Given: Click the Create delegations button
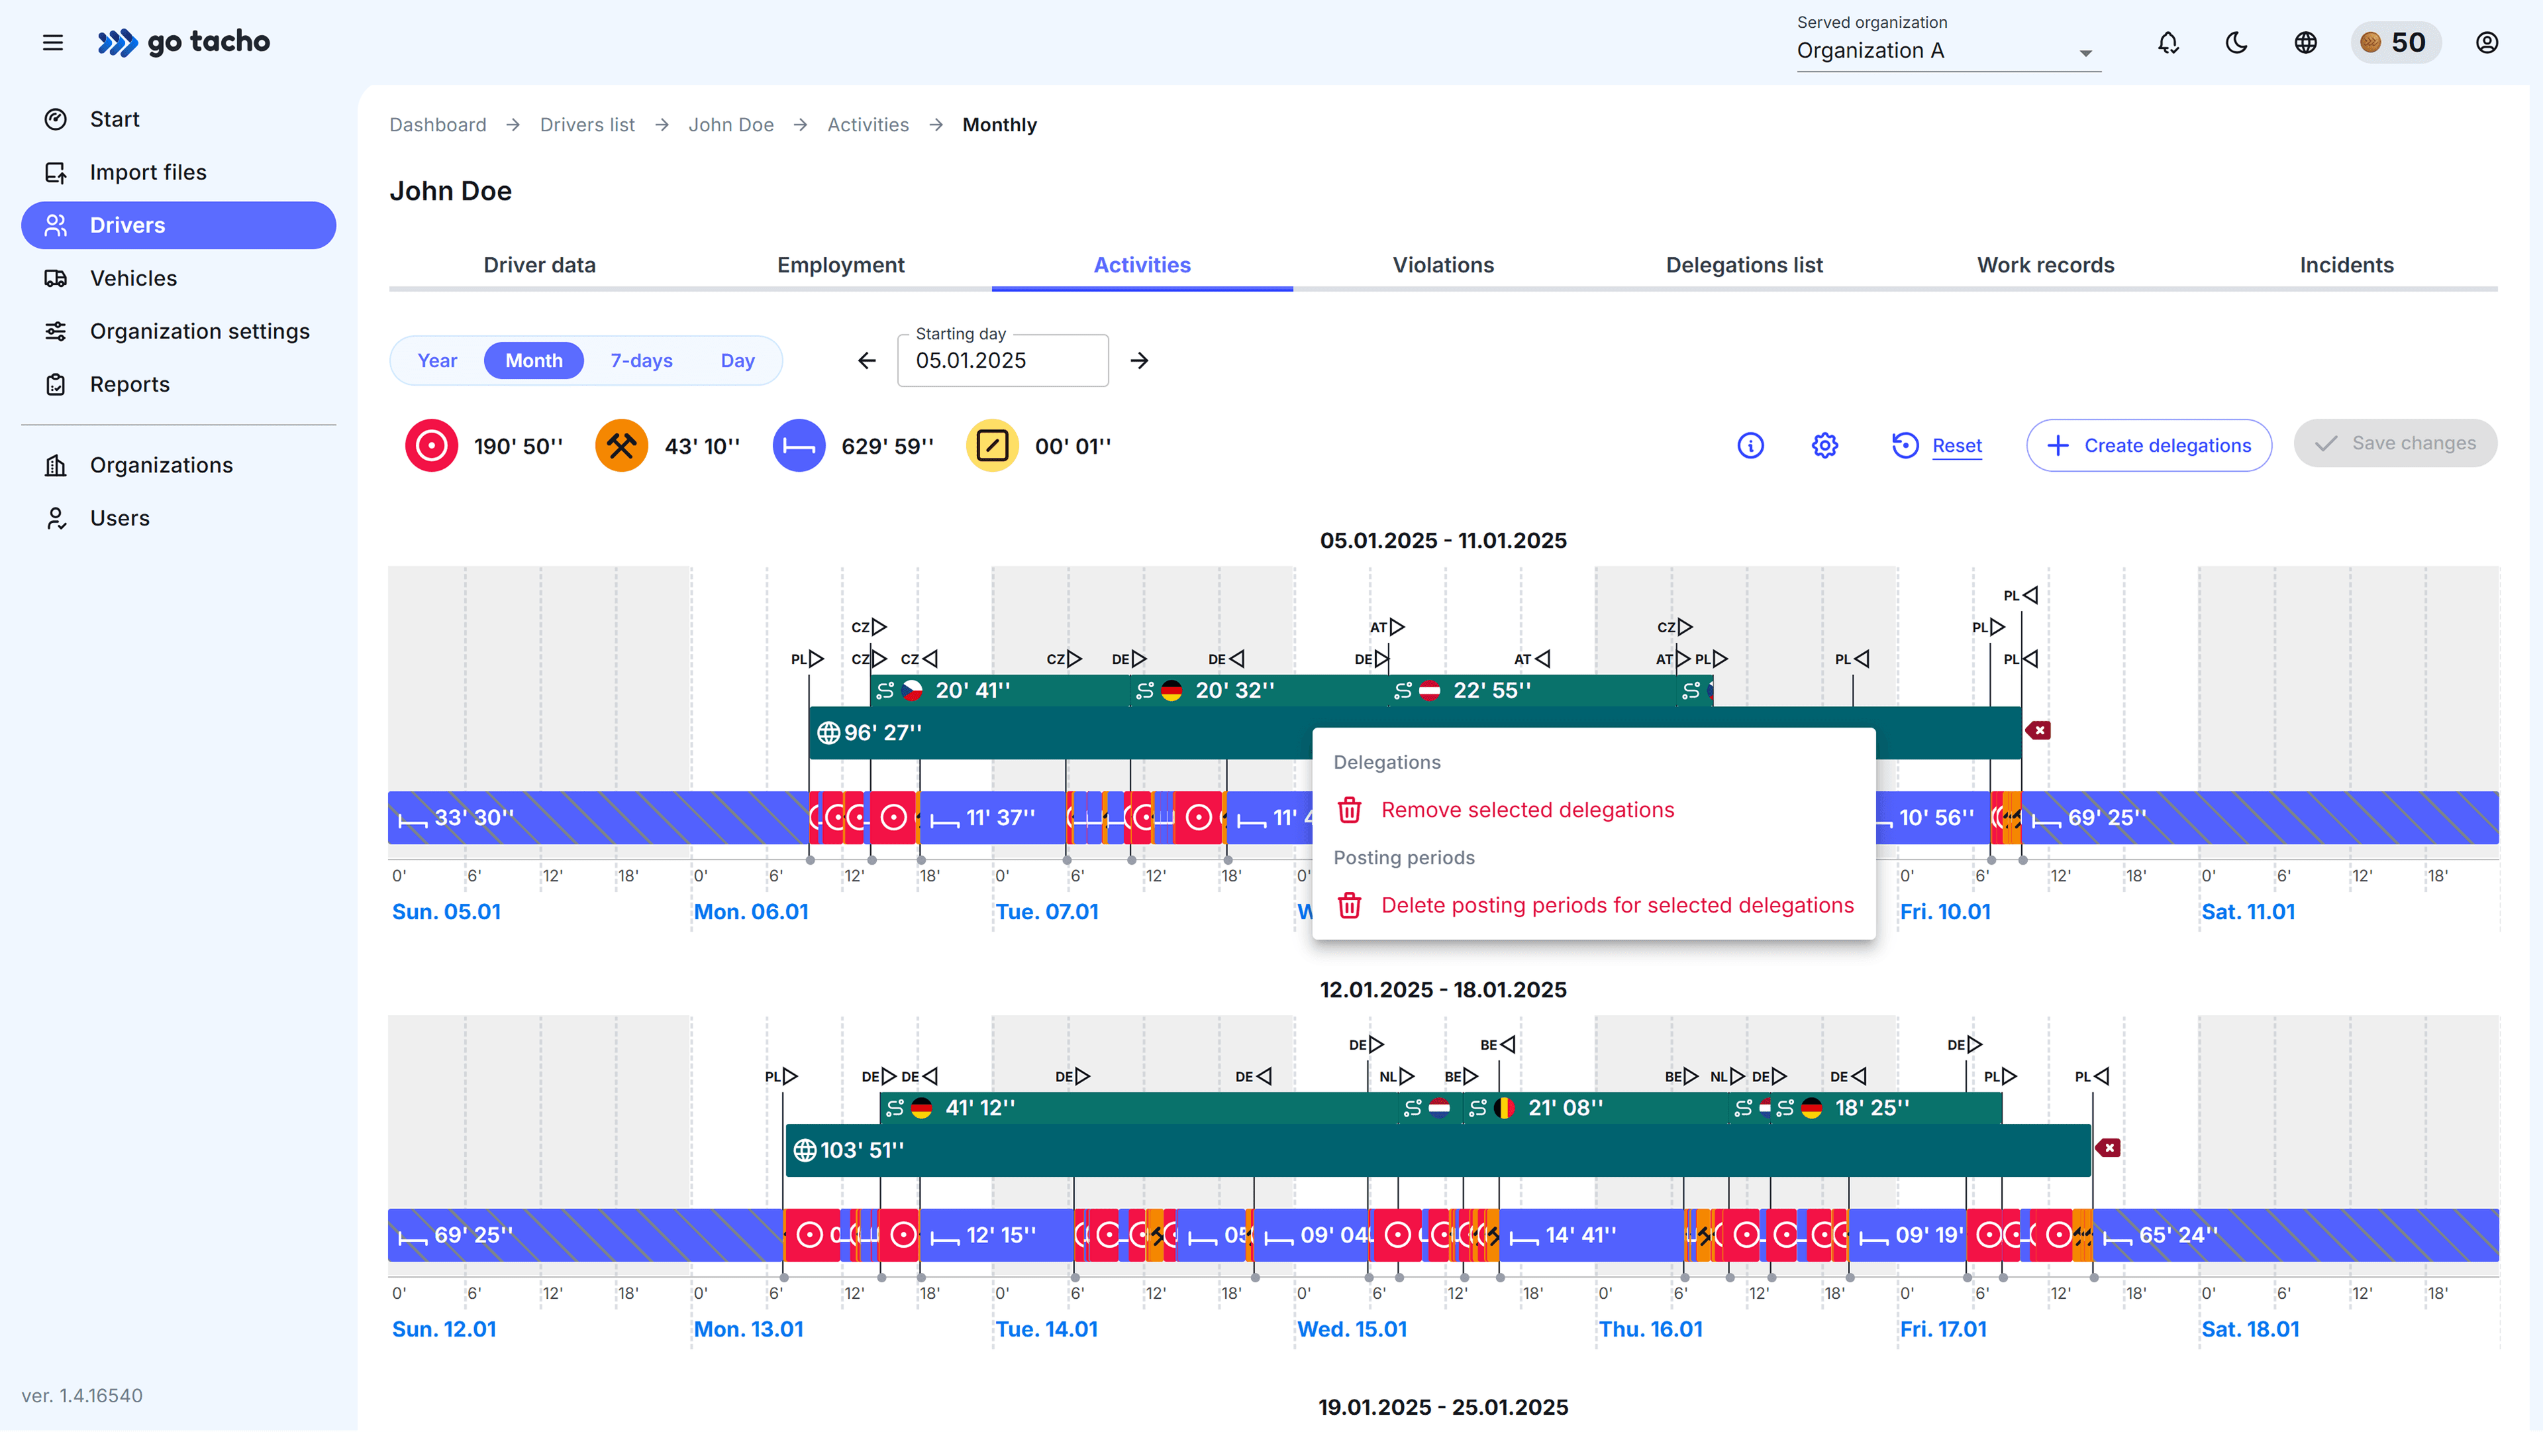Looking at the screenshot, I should [2148, 445].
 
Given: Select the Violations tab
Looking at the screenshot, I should [1442, 264].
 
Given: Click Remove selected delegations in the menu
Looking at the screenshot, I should [1526, 810].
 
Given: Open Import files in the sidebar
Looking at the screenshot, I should [147, 172].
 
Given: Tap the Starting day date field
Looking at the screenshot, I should [1002, 360].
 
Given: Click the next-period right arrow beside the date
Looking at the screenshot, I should [1139, 360].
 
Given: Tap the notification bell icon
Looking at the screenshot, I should [2168, 42].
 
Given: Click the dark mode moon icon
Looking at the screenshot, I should [2236, 42].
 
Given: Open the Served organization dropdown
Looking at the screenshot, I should [1947, 50].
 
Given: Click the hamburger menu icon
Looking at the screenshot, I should [53, 42].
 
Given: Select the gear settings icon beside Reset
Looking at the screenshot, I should [1824, 445].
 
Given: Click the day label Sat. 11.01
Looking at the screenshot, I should [2248, 912].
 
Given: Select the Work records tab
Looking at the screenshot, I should [2044, 264].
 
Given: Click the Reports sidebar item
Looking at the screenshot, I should [129, 384].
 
